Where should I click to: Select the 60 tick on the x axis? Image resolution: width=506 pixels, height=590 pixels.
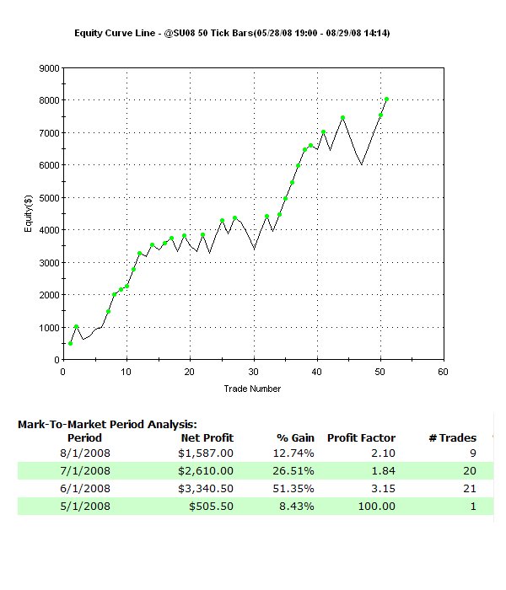click(443, 371)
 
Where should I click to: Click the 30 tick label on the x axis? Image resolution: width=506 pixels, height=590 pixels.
click(253, 371)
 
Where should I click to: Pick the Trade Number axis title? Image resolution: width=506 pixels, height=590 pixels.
click(252, 389)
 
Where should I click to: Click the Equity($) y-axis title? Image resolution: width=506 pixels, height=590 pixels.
click(28, 214)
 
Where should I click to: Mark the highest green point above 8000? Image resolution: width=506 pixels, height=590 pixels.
click(386, 99)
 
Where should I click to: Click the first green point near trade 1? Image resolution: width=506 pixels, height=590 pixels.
click(70, 343)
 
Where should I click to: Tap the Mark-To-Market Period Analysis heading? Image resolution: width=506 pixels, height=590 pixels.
click(107, 425)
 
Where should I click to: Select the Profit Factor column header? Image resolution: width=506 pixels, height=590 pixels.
click(361, 437)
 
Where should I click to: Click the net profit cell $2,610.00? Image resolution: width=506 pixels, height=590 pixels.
click(207, 472)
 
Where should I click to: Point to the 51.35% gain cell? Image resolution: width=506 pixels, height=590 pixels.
click(294, 489)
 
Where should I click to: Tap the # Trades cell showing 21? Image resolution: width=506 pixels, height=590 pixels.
click(469, 489)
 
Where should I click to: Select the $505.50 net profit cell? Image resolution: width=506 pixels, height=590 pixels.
click(212, 506)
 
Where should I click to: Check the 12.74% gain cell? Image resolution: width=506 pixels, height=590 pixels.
click(294, 454)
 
